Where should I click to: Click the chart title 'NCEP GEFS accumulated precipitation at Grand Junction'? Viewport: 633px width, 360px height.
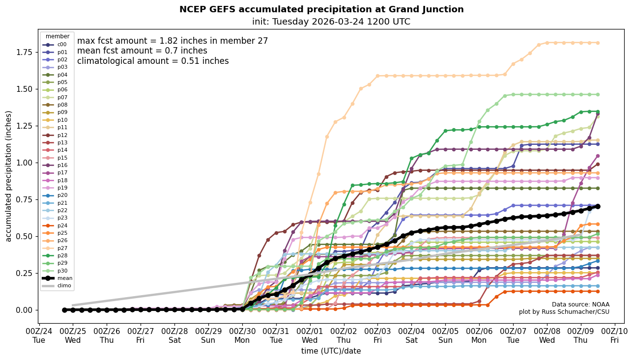pos(321,9)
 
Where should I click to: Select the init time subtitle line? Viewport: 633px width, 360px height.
pos(331,22)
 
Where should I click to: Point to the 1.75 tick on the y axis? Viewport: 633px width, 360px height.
pos(26,52)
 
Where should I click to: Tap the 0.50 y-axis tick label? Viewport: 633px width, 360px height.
pos(26,236)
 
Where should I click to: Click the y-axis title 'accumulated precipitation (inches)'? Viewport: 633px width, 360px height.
pos(8,176)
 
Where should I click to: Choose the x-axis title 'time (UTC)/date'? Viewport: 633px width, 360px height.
pos(331,351)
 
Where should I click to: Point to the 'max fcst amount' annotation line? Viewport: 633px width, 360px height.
pos(173,41)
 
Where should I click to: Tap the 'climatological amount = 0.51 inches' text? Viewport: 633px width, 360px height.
pos(153,61)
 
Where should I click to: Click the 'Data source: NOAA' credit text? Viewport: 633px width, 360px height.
pos(580,305)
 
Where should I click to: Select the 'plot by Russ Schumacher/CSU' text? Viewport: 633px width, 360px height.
pos(564,312)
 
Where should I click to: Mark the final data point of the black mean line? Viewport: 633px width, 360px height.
pos(598,207)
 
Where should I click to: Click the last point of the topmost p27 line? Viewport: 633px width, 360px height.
pos(598,43)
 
